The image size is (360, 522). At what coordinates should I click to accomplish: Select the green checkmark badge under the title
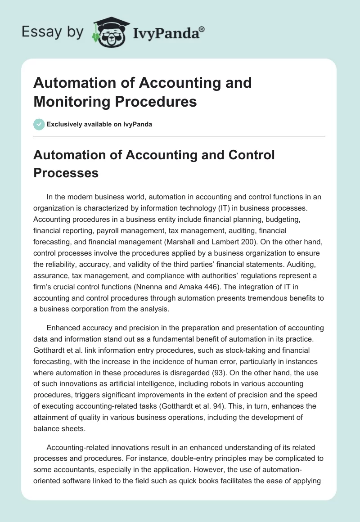pyautogui.click(x=39, y=124)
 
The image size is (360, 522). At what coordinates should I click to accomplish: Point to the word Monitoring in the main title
pyautogui.click(x=74, y=101)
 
